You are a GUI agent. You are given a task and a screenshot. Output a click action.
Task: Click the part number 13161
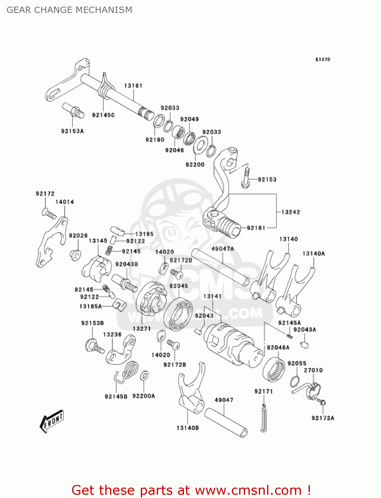tap(133, 86)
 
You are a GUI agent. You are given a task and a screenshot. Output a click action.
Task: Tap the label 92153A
tap(72, 131)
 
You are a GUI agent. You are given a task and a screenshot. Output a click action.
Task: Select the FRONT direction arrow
tap(51, 422)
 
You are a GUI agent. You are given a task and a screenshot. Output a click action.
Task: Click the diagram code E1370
tap(323, 59)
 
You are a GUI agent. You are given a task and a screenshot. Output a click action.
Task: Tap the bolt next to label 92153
tap(245, 178)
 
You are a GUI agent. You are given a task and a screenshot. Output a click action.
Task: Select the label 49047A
tap(223, 249)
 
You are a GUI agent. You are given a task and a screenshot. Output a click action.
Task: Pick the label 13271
tap(142, 329)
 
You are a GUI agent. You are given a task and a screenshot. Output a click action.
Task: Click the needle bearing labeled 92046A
tap(274, 370)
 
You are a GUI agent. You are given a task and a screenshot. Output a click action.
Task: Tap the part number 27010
tap(313, 370)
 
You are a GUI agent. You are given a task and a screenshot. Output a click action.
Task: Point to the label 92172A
tap(323, 418)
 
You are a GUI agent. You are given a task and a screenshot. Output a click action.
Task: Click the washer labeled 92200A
tap(144, 376)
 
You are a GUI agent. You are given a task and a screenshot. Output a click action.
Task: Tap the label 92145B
tap(116, 396)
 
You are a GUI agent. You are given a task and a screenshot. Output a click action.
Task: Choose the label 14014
tap(64, 202)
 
